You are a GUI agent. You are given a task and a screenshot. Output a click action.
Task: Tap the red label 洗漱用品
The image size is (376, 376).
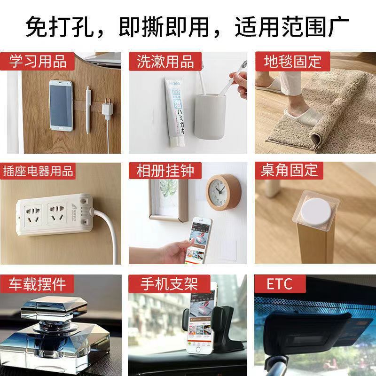(x=165, y=61)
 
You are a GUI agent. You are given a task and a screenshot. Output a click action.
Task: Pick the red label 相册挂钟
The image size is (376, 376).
(x=165, y=171)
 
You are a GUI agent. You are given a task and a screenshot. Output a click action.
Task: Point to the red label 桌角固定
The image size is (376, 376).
(x=290, y=171)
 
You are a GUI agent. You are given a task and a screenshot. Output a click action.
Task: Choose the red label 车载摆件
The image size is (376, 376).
(x=37, y=284)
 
